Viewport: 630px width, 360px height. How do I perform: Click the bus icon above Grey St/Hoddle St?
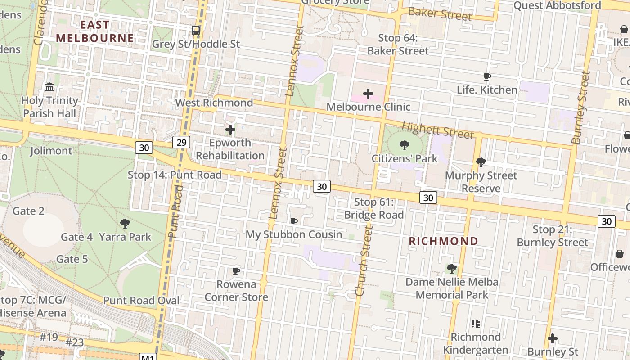click(x=195, y=31)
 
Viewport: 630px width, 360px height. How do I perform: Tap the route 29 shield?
click(x=181, y=143)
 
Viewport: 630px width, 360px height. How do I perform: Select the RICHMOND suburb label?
click(x=443, y=241)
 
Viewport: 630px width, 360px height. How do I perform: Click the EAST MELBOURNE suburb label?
click(x=95, y=31)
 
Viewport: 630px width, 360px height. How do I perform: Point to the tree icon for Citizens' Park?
click(x=404, y=145)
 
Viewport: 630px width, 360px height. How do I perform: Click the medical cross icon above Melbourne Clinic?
click(x=368, y=94)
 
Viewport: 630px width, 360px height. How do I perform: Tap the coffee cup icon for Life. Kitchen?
click(x=487, y=77)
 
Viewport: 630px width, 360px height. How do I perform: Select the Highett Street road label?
click(x=437, y=130)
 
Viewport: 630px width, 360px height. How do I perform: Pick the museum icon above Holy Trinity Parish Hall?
click(x=50, y=87)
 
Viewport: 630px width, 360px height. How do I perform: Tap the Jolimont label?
click(x=51, y=151)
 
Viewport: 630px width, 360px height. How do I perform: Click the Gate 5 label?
click(x=72, y=259)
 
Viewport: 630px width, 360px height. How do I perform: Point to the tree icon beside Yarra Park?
click(x=125, y=223)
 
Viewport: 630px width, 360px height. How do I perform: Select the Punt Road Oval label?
click(x=141, y=301)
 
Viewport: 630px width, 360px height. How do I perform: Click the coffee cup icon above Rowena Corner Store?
click(x=236, y=271)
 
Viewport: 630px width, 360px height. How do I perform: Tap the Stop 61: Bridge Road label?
click(x=374, y=209)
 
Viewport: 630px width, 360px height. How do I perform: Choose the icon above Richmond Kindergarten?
click(x=476, y=324)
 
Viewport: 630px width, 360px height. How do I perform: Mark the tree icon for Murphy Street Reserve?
click(x=481, y=162)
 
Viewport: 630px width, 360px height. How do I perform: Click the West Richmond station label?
click(x=214, y=103)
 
